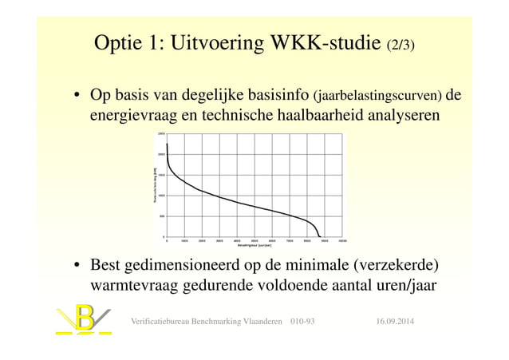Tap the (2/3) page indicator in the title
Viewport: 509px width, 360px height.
tap(400, 43)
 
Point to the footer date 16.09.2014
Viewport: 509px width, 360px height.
tap(400, 321)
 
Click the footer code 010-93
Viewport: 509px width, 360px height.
tap(302, 321)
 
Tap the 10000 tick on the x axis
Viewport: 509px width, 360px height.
tap(342, 239)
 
